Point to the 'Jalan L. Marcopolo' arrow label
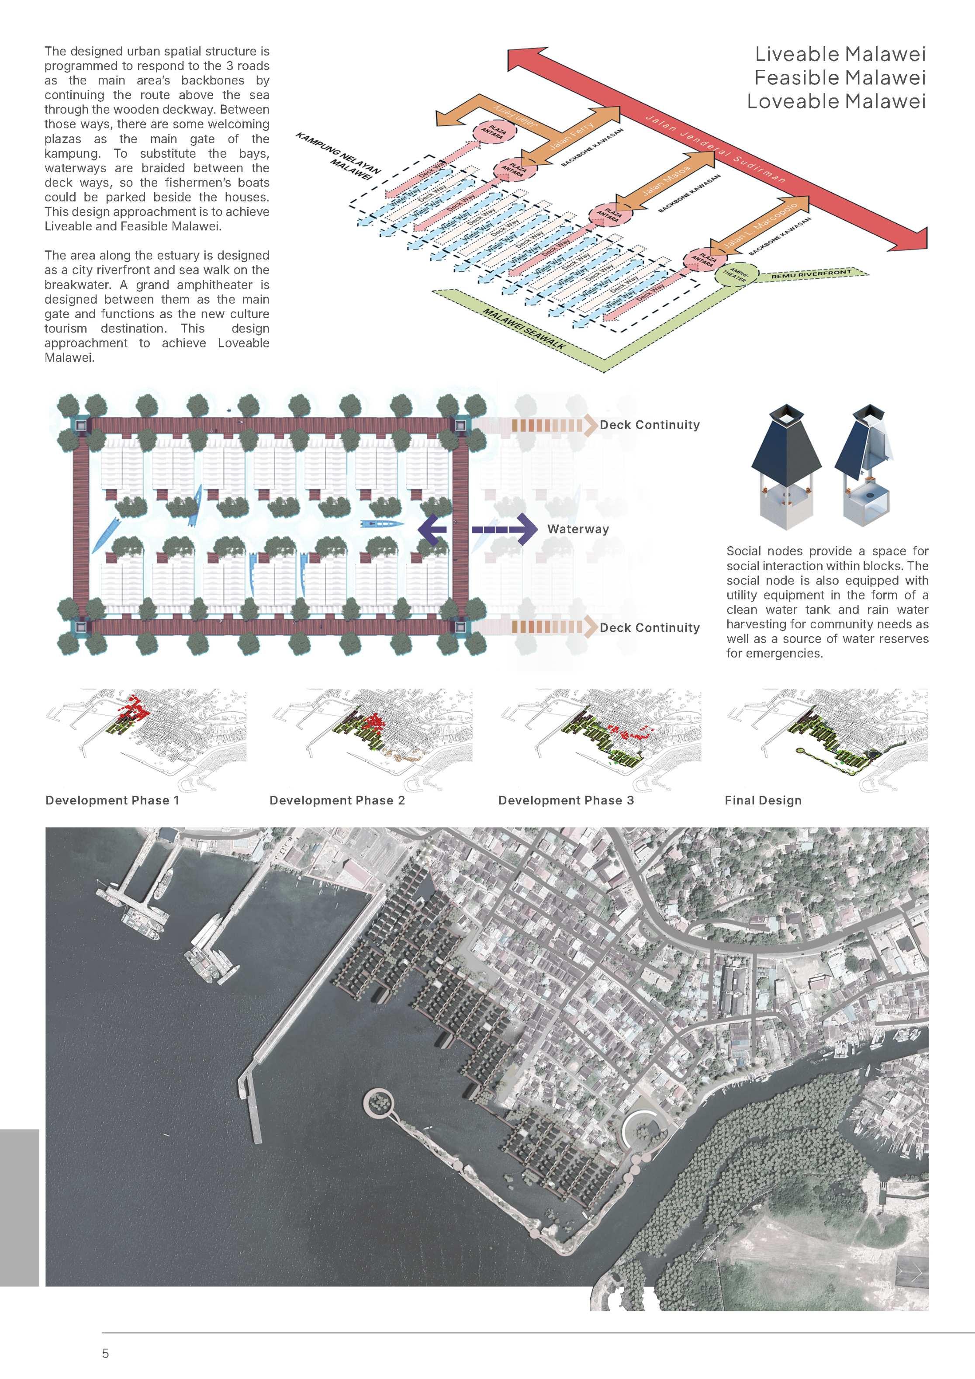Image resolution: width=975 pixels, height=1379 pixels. click(760, 225)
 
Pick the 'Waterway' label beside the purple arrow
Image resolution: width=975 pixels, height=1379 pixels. click(577, 529)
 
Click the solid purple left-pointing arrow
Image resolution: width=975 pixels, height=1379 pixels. click(432, 529)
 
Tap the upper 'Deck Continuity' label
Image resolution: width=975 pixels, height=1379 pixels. click(650, 425)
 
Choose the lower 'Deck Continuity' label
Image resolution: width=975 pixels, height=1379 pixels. click(650, 627)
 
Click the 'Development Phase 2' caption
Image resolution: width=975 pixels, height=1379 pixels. click(337, 800)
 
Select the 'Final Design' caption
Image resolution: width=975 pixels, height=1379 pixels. click(762, 800)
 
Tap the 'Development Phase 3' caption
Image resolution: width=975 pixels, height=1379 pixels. click(566, 800)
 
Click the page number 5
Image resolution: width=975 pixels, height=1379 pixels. click(106, 1353)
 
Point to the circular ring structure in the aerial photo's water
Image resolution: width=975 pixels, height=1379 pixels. click(378, 1102)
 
